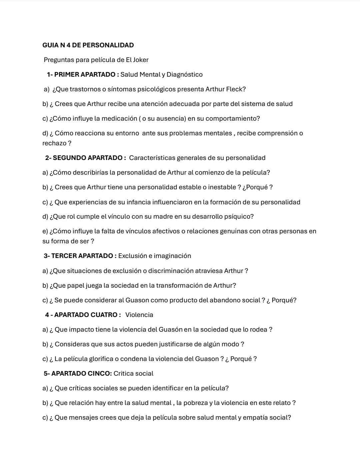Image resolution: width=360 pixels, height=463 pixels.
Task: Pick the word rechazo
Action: coord(54,143)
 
